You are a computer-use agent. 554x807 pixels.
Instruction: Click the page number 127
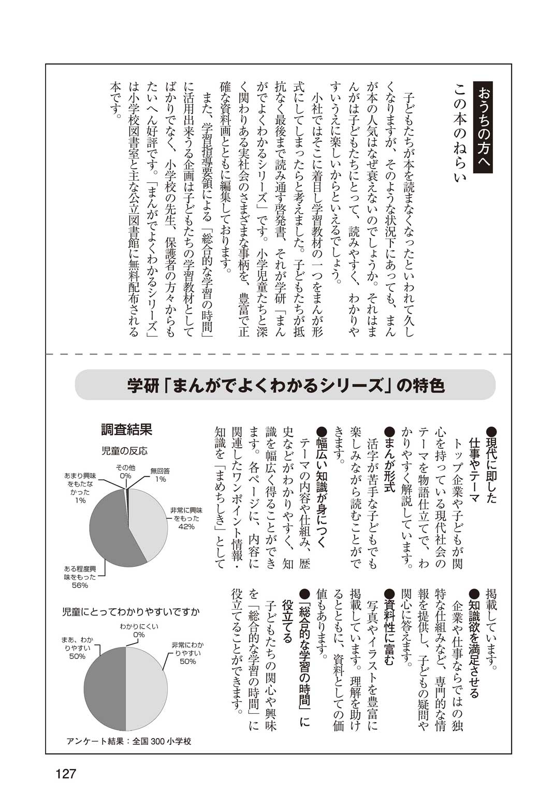click(x=66, y=774)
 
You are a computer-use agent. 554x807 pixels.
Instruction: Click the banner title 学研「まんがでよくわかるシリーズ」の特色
click(x=285, y=385)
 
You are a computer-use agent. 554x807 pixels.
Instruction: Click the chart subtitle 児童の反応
click(x=124, y=451)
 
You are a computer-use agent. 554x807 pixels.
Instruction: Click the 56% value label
click(x=80, y=585)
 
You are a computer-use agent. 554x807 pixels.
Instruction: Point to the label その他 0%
click(x=125, y=471)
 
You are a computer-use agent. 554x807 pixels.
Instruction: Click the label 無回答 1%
click(x=160, y=475)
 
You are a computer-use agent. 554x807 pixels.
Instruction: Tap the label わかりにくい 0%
click(x=139, y=630)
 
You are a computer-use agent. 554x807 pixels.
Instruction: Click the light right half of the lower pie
click(x=148, y=688)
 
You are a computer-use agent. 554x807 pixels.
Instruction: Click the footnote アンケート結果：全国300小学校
click(x=129, y=741)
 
